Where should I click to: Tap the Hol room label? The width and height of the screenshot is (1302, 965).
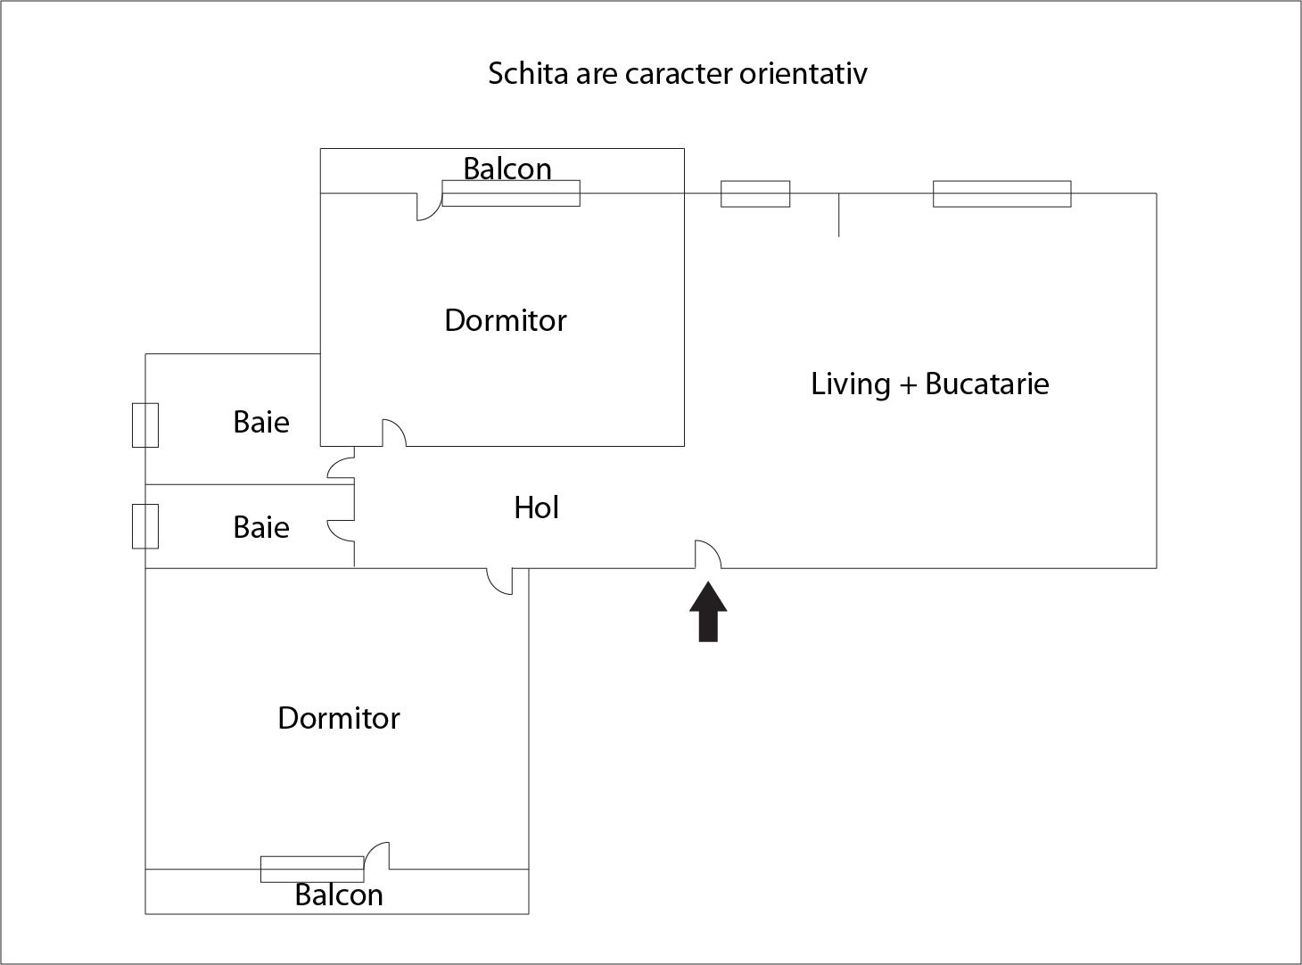click(x=537, y=507)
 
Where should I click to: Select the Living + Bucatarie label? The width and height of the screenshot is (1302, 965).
click(x=929, y=384)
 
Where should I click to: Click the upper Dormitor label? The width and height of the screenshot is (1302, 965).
click(x=505, y=320)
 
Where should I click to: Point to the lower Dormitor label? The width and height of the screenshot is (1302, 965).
click(x=339, y=718)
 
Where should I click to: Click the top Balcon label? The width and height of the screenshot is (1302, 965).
click(x=507, y=168)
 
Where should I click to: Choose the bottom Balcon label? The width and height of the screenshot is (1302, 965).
click(x=339, y=895)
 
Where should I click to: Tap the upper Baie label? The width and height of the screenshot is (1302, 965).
click(x=261, y=422)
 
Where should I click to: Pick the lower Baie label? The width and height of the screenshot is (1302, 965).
click(x=261, y=527)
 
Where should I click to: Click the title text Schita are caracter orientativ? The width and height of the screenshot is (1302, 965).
click(x=677, y=73)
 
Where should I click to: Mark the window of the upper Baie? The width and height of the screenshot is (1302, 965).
click(x=145, y=425)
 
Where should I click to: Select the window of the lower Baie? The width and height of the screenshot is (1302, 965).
click(x=145, y=526)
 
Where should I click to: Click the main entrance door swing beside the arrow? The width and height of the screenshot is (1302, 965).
click(x=708, y=555)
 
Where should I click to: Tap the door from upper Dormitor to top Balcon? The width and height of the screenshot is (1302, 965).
click(x=429, y=207)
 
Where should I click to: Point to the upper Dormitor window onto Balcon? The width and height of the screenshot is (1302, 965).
click(x=511, y=194)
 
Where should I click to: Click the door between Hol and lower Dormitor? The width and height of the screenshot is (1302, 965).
click(x=500, y=581)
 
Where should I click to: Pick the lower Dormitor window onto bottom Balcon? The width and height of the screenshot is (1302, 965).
click(x=312, y=869)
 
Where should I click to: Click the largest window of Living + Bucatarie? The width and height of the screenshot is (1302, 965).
click(x=1001, y=194)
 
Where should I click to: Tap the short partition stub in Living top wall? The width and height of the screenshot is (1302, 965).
click(x=838, y=215)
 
